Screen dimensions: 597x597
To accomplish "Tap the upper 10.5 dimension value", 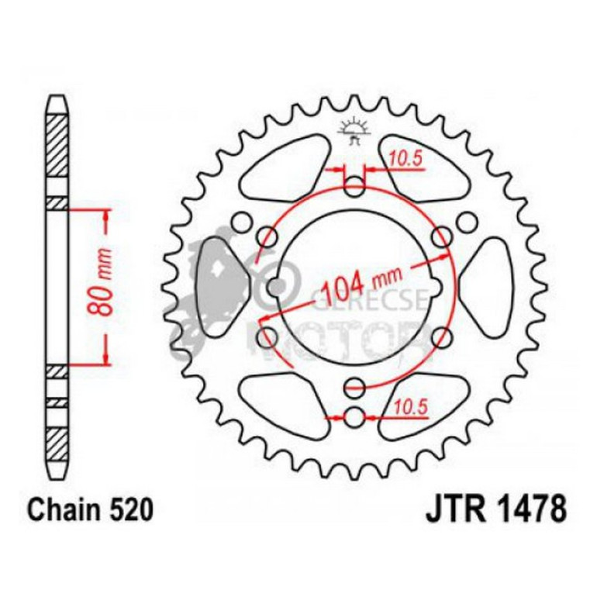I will tap(404, 160).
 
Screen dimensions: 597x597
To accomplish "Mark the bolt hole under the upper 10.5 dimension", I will tap(354, 186).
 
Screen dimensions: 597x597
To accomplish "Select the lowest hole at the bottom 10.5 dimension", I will tap(354, 417).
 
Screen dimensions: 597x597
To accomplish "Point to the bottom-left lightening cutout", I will tap(282, 400).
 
